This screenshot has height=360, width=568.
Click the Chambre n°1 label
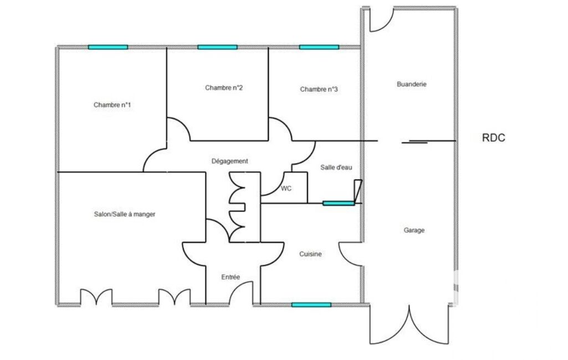pyautogui.click(x=112, y=105)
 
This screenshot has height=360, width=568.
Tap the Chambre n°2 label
pyautogui.click(x=223, y=88)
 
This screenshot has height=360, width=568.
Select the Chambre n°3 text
pyautogui.click(x=319, y=89)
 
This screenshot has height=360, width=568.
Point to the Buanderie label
pyautogui.click(x=412, y=84)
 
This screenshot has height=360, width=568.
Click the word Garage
pyautogui.click(x=414, y=230)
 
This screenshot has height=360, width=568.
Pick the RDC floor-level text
pyautogui.click(x=493, y=137)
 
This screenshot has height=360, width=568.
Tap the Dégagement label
pyautogui.click(x=229, y=161)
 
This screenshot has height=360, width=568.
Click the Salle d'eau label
pyautogui.click(x=336, y=167)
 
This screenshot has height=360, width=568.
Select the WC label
pyautogui.click(x=286, y=188)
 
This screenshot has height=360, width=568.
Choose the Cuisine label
pyautogui.click(x=310, y=254)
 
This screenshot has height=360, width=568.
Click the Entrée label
pyautogui.click(x=231, y=277)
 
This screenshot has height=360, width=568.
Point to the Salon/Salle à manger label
pyautogui.click(x=125, y=214)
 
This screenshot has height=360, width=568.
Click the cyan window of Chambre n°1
pyautogui.click(x=108, y=47)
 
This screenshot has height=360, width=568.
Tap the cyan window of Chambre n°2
pyautogui.click(x=217, y=47)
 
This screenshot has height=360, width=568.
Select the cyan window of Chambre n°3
pyautogui.click(x=319, y=47)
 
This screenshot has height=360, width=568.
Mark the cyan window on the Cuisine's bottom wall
pyautogui.click(x=311, y=305)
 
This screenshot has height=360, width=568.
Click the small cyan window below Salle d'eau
pyautogui.click(x=339, y=203)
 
